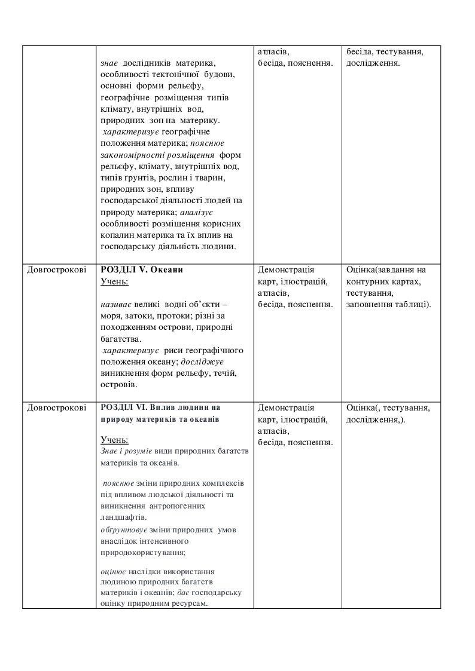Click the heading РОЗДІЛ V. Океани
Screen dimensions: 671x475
142,269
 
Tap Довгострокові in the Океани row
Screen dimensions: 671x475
56,269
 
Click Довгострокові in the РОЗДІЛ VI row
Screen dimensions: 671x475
56,407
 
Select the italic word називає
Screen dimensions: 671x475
117,304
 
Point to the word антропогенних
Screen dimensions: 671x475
177,505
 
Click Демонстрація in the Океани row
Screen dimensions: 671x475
285,269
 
